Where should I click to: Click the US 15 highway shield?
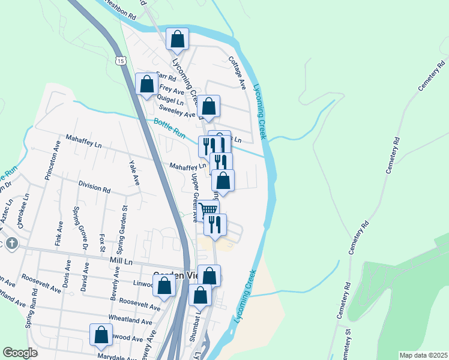(122, 61)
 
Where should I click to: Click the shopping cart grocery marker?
(208, 209)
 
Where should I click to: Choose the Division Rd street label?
(94, 187)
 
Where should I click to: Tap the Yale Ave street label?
(133, 172)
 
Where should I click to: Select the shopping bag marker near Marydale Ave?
(101, 335)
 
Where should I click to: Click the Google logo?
(20, 352)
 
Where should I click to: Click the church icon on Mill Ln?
(13, 244)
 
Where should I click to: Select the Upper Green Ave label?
(194, 198)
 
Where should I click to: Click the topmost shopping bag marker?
(178, 39)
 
